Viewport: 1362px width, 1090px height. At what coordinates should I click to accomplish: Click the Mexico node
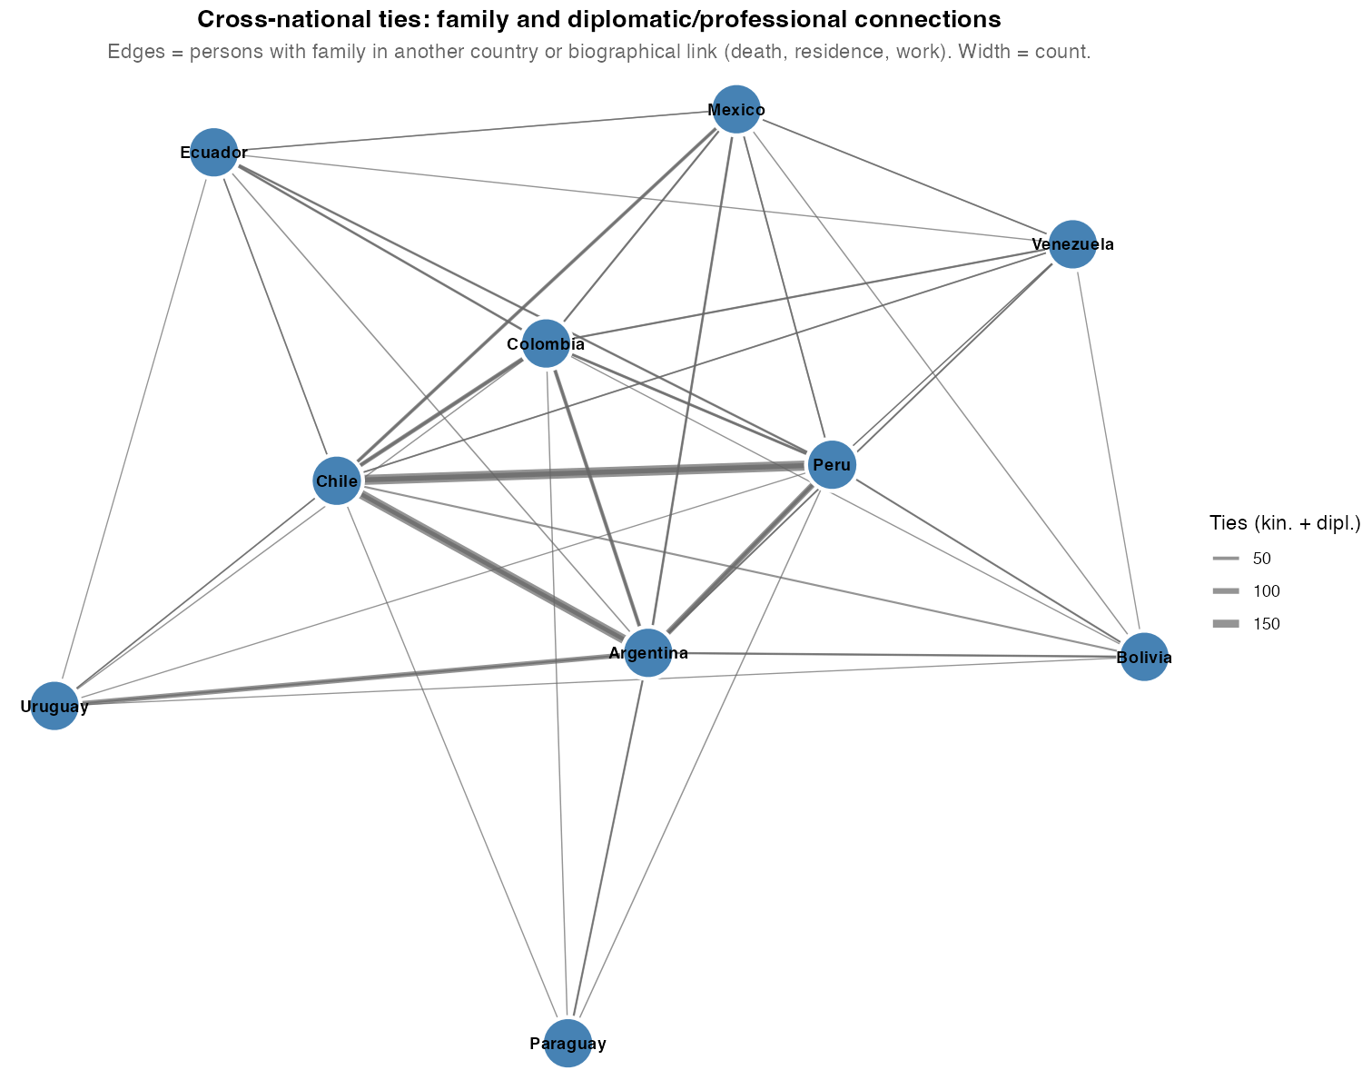735,109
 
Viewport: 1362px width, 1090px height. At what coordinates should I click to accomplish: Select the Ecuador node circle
213,152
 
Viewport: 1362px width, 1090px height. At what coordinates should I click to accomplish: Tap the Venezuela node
1072,244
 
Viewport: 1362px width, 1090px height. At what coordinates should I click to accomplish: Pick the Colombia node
546,343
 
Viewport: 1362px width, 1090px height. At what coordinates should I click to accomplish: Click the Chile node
337,481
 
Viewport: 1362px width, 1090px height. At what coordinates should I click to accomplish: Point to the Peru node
831,464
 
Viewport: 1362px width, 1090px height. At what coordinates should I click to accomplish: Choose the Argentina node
647,652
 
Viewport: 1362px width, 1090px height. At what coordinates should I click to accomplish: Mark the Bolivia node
1144,657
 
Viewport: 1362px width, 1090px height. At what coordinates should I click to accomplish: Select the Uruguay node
54,705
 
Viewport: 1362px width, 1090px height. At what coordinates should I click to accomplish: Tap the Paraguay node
567,1043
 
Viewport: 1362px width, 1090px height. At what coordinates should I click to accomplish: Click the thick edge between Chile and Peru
581,472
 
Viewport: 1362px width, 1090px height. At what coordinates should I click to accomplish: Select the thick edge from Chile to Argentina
490,565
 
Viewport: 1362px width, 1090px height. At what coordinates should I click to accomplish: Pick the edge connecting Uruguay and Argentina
345,679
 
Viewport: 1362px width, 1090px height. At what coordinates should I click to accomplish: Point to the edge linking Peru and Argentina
740,558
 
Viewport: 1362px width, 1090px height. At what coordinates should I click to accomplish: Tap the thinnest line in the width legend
1226,558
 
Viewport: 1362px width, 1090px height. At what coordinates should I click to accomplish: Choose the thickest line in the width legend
1226,623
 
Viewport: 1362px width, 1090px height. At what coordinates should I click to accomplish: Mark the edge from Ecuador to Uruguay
134,427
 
